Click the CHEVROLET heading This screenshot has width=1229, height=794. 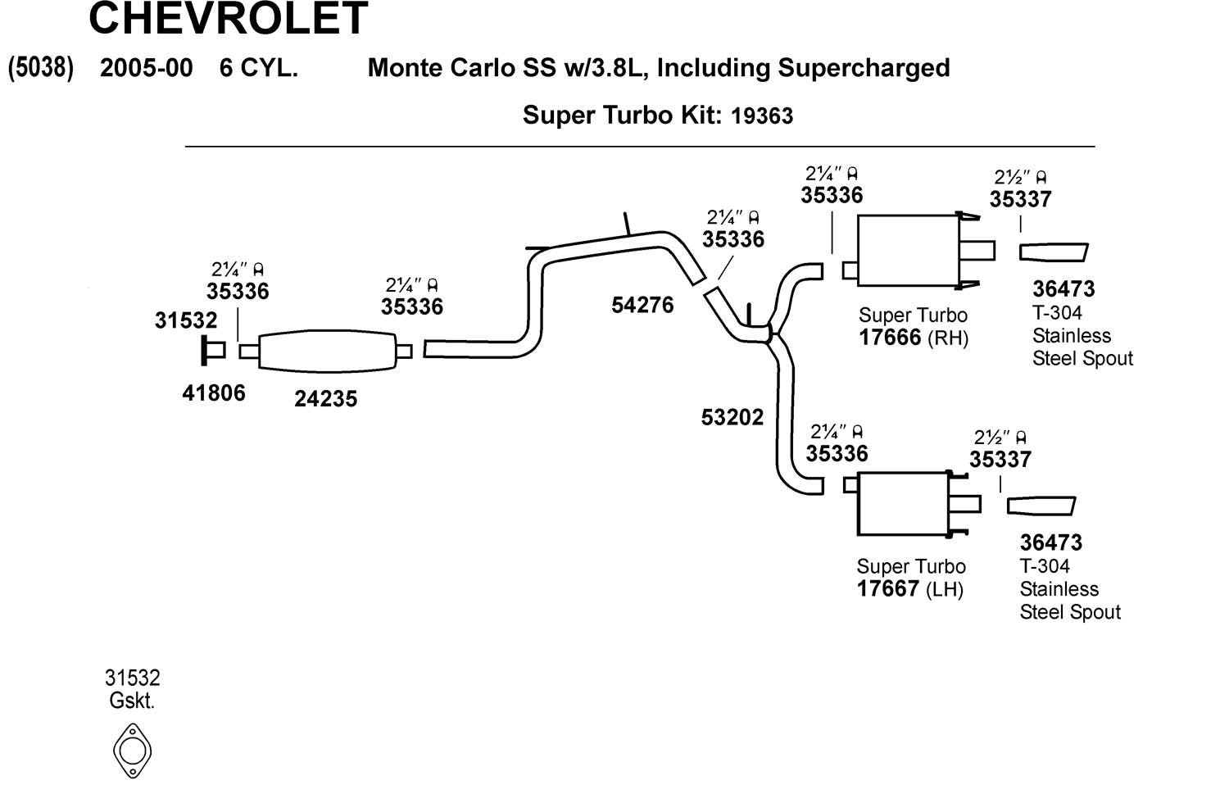[x=228, y=18]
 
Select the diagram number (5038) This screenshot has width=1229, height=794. [x=41, y=67]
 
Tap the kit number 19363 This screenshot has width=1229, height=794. [x=762, y=116]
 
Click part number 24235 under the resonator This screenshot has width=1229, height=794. [x=326, y=399]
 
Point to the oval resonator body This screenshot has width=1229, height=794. [x=327, y=352]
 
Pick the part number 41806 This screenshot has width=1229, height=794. [x=214, y=393]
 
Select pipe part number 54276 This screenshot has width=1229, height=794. [x=642, y=306]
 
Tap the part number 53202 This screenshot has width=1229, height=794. [x=732, y=418]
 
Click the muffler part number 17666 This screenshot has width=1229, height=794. [x=890, y=338]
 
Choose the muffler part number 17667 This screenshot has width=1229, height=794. [x=888, y=589]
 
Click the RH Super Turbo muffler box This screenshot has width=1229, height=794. [x=908, y=251]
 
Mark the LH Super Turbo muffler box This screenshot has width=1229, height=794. [x=902, y=503]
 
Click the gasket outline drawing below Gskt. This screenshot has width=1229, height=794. [x=132, y=751]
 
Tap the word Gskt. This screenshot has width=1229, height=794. [x=132, y=701]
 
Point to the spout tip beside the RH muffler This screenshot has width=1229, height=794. [x=1054, y=252]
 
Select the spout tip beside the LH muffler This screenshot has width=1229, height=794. [x=1041, y=506]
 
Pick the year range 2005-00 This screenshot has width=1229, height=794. [x=147, y=68]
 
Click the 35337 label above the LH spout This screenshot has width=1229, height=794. [x=1000, y=460]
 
